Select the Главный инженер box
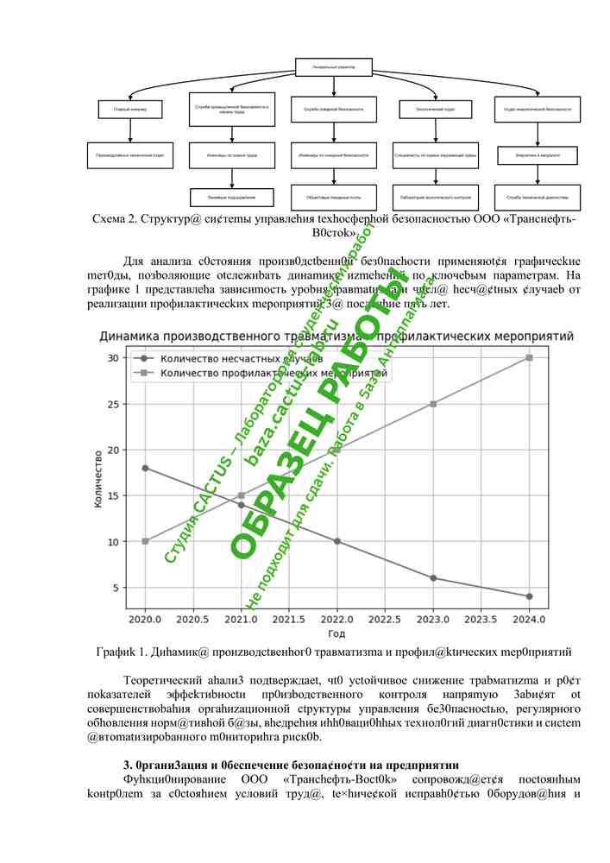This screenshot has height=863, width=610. tap(129, 110)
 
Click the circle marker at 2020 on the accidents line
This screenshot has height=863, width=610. tap(146, 468)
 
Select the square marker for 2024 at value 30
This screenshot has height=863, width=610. tap(529, 357)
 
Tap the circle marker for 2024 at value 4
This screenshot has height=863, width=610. tap(529, 596)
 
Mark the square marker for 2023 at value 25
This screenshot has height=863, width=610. tap(433, 404)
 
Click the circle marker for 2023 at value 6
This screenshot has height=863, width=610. tap(433, 578)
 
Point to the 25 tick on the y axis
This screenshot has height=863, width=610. tap(112, 404)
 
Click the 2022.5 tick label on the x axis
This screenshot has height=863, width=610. tap(385, 620)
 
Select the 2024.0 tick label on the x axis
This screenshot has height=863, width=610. tap(529, 620)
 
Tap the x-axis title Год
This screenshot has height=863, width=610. tap(336, 634)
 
